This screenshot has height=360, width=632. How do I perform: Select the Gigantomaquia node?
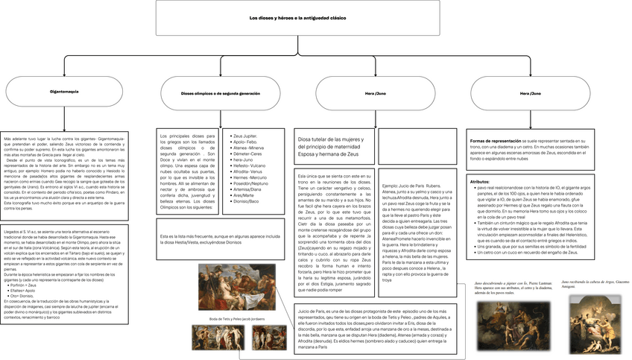[44, 94]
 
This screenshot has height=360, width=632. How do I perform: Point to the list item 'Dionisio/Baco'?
[247, 201]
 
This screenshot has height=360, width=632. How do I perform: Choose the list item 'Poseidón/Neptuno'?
[251, 183]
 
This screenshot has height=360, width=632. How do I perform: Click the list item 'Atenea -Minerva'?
[249, 148]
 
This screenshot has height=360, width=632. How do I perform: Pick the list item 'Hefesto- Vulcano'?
[249, 165]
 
